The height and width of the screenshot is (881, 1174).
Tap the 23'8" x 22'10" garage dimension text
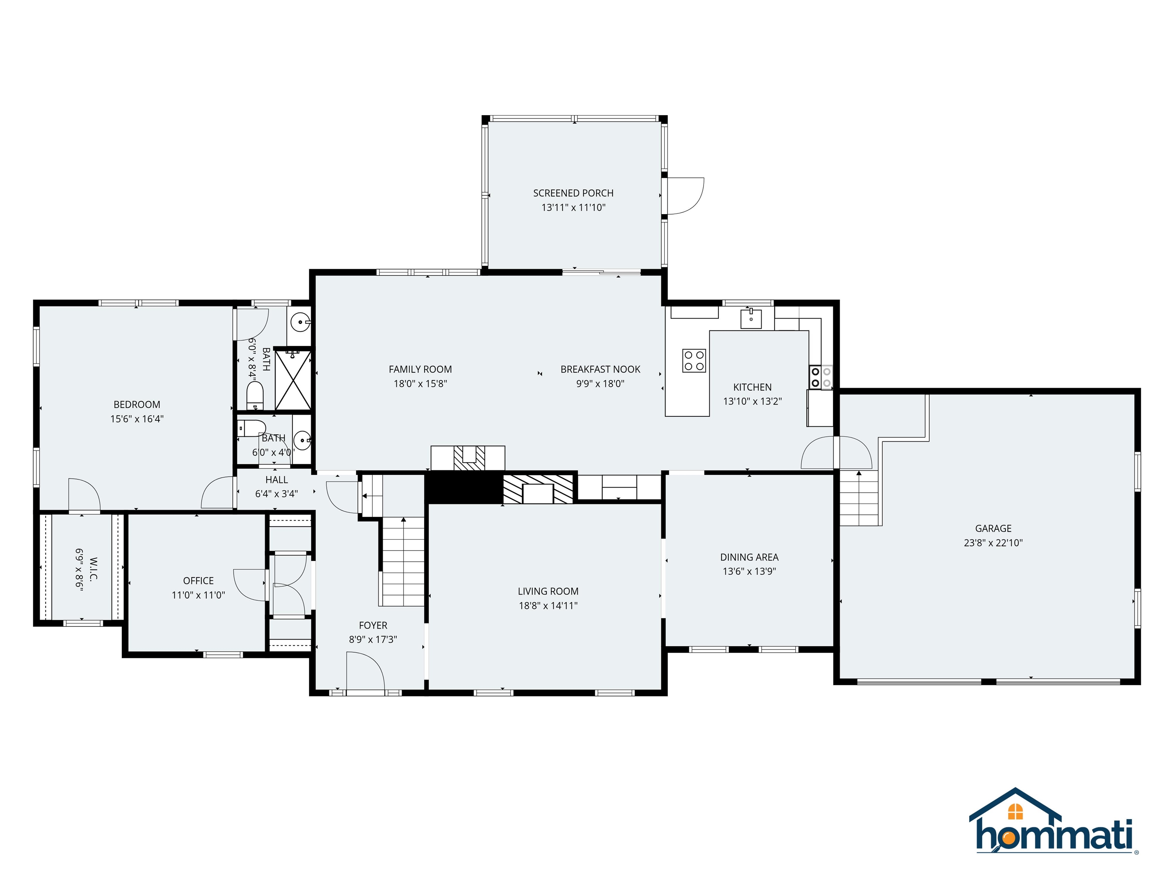(x=993, y=543)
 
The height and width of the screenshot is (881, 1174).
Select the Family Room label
(x=420, y=369)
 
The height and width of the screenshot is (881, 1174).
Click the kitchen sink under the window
(x=751, y=319)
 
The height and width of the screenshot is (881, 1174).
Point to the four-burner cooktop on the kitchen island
(x=694, y=361)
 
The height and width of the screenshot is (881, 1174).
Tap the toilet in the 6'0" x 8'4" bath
(x=255, y=396)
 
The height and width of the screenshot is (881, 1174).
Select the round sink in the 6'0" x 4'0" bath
(x=302, y=440)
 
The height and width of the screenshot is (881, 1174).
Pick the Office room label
(x=198, y=581)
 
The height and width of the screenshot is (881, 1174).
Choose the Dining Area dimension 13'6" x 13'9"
(x=749, y=571)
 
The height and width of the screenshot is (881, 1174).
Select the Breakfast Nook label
(x=600, y=369)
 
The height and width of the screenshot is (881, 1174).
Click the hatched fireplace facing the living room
(x=538, y=489)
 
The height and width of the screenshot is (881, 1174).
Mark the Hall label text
(x=277, y=480)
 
